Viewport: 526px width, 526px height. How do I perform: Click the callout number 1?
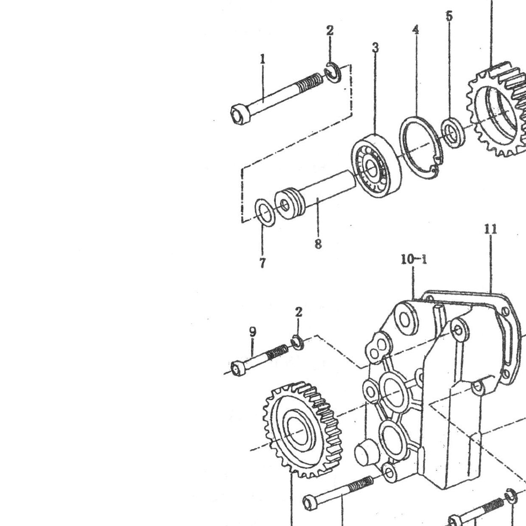263,58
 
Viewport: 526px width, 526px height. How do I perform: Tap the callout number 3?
375,48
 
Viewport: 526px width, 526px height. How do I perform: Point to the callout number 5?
449,16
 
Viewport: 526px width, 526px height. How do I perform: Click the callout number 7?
262,263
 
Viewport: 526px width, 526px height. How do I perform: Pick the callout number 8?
318,244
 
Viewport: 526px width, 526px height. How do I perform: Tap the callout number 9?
253,332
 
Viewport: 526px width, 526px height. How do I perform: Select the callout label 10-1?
414,260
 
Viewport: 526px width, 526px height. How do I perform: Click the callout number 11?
490,229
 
